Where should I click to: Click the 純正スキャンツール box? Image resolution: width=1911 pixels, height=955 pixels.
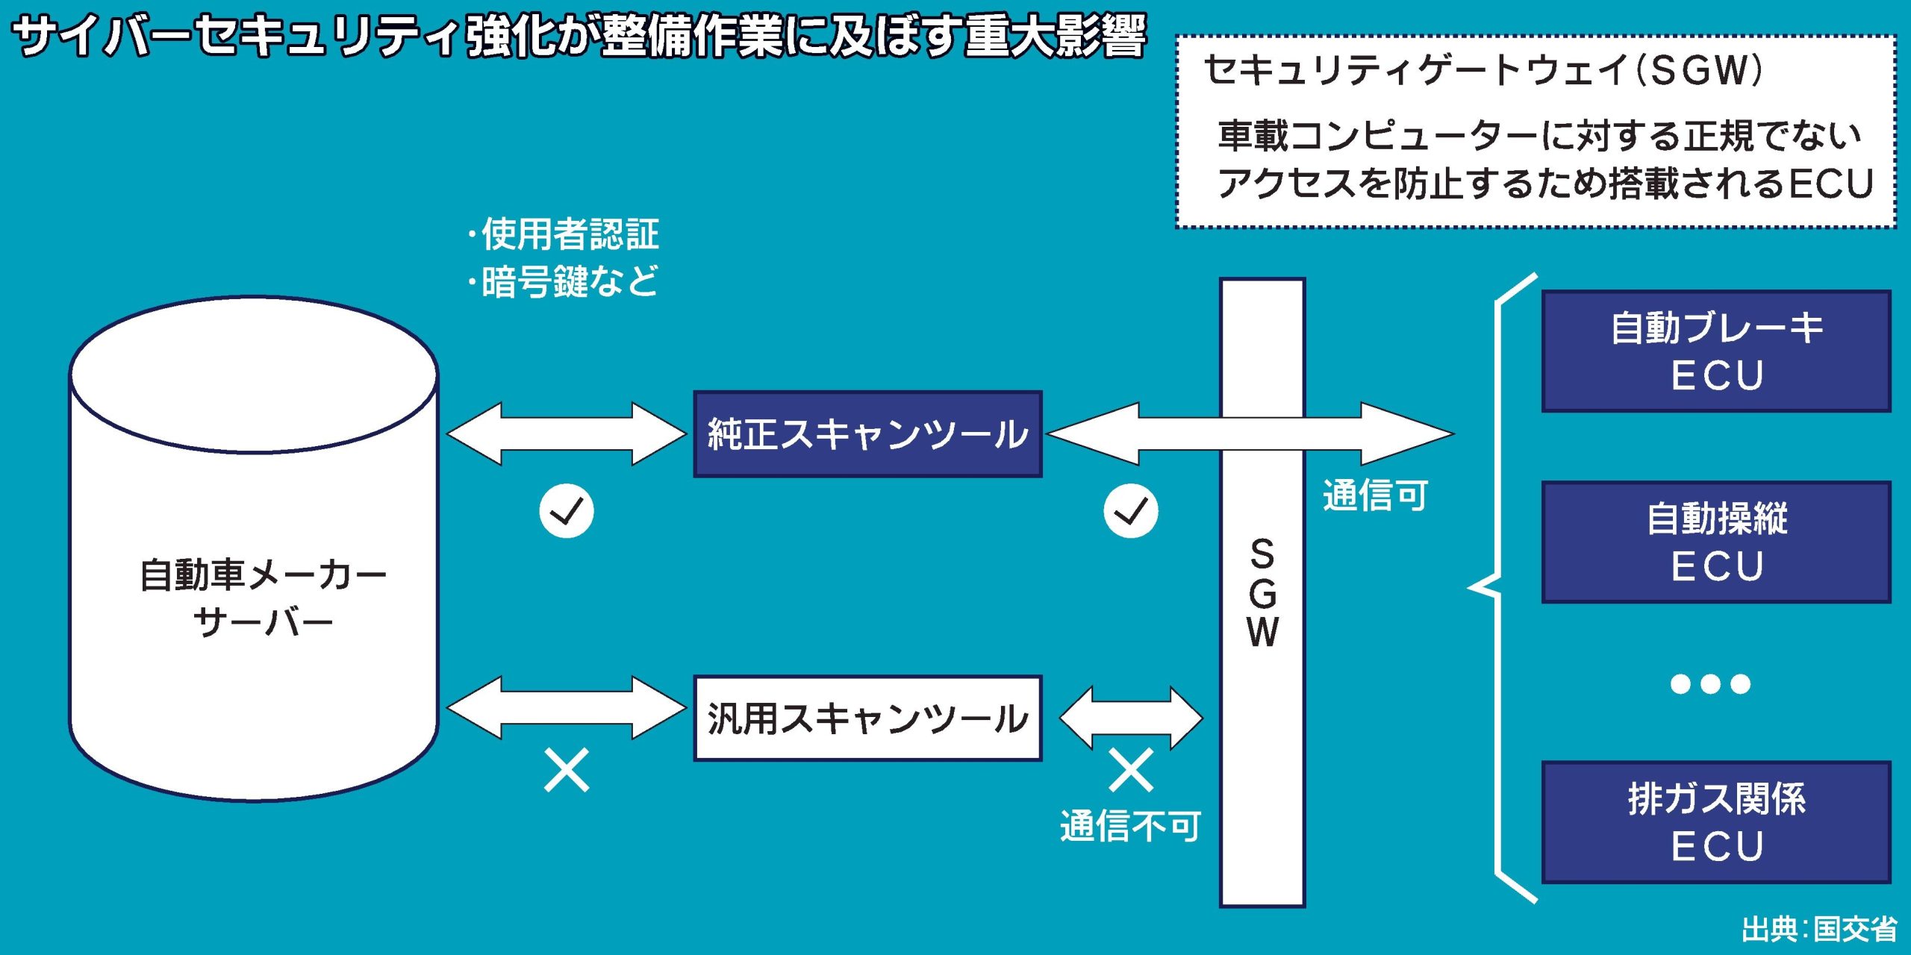(867, 434)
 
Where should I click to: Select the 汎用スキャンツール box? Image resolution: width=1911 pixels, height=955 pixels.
(867, 718)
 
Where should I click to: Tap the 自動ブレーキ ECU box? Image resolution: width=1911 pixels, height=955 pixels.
(1716, 351)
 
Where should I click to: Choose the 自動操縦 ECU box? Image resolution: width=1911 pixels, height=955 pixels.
(1716, 542)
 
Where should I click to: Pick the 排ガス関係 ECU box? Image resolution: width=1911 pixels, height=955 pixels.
(1716, 822)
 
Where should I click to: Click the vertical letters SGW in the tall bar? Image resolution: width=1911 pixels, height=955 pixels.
(1262, 593)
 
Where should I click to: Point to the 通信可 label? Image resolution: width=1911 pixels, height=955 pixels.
(1375, 495)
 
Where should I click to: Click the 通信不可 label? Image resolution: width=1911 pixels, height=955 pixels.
(1130, 826)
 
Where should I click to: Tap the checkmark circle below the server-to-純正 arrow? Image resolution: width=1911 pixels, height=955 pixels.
(567, 511)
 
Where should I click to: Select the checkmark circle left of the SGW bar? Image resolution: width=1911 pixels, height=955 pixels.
(1131, 511)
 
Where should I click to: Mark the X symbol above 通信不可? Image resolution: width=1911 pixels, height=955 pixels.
(1131, 771)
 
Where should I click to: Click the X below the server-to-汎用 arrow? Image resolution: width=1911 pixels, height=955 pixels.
(567, 771)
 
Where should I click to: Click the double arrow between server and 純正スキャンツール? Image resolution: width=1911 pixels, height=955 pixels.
(567, 433)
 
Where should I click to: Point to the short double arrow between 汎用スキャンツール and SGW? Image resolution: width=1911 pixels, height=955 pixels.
(1131, 718)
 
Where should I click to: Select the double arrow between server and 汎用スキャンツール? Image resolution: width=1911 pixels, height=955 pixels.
(567, 707)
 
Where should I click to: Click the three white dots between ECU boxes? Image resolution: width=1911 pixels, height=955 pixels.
(1710, 683)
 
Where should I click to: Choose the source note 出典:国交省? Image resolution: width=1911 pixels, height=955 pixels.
(1818, 930)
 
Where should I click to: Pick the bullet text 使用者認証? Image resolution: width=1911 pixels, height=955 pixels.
(569, 234)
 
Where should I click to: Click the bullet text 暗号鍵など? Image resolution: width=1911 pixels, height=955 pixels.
(569, 282)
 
